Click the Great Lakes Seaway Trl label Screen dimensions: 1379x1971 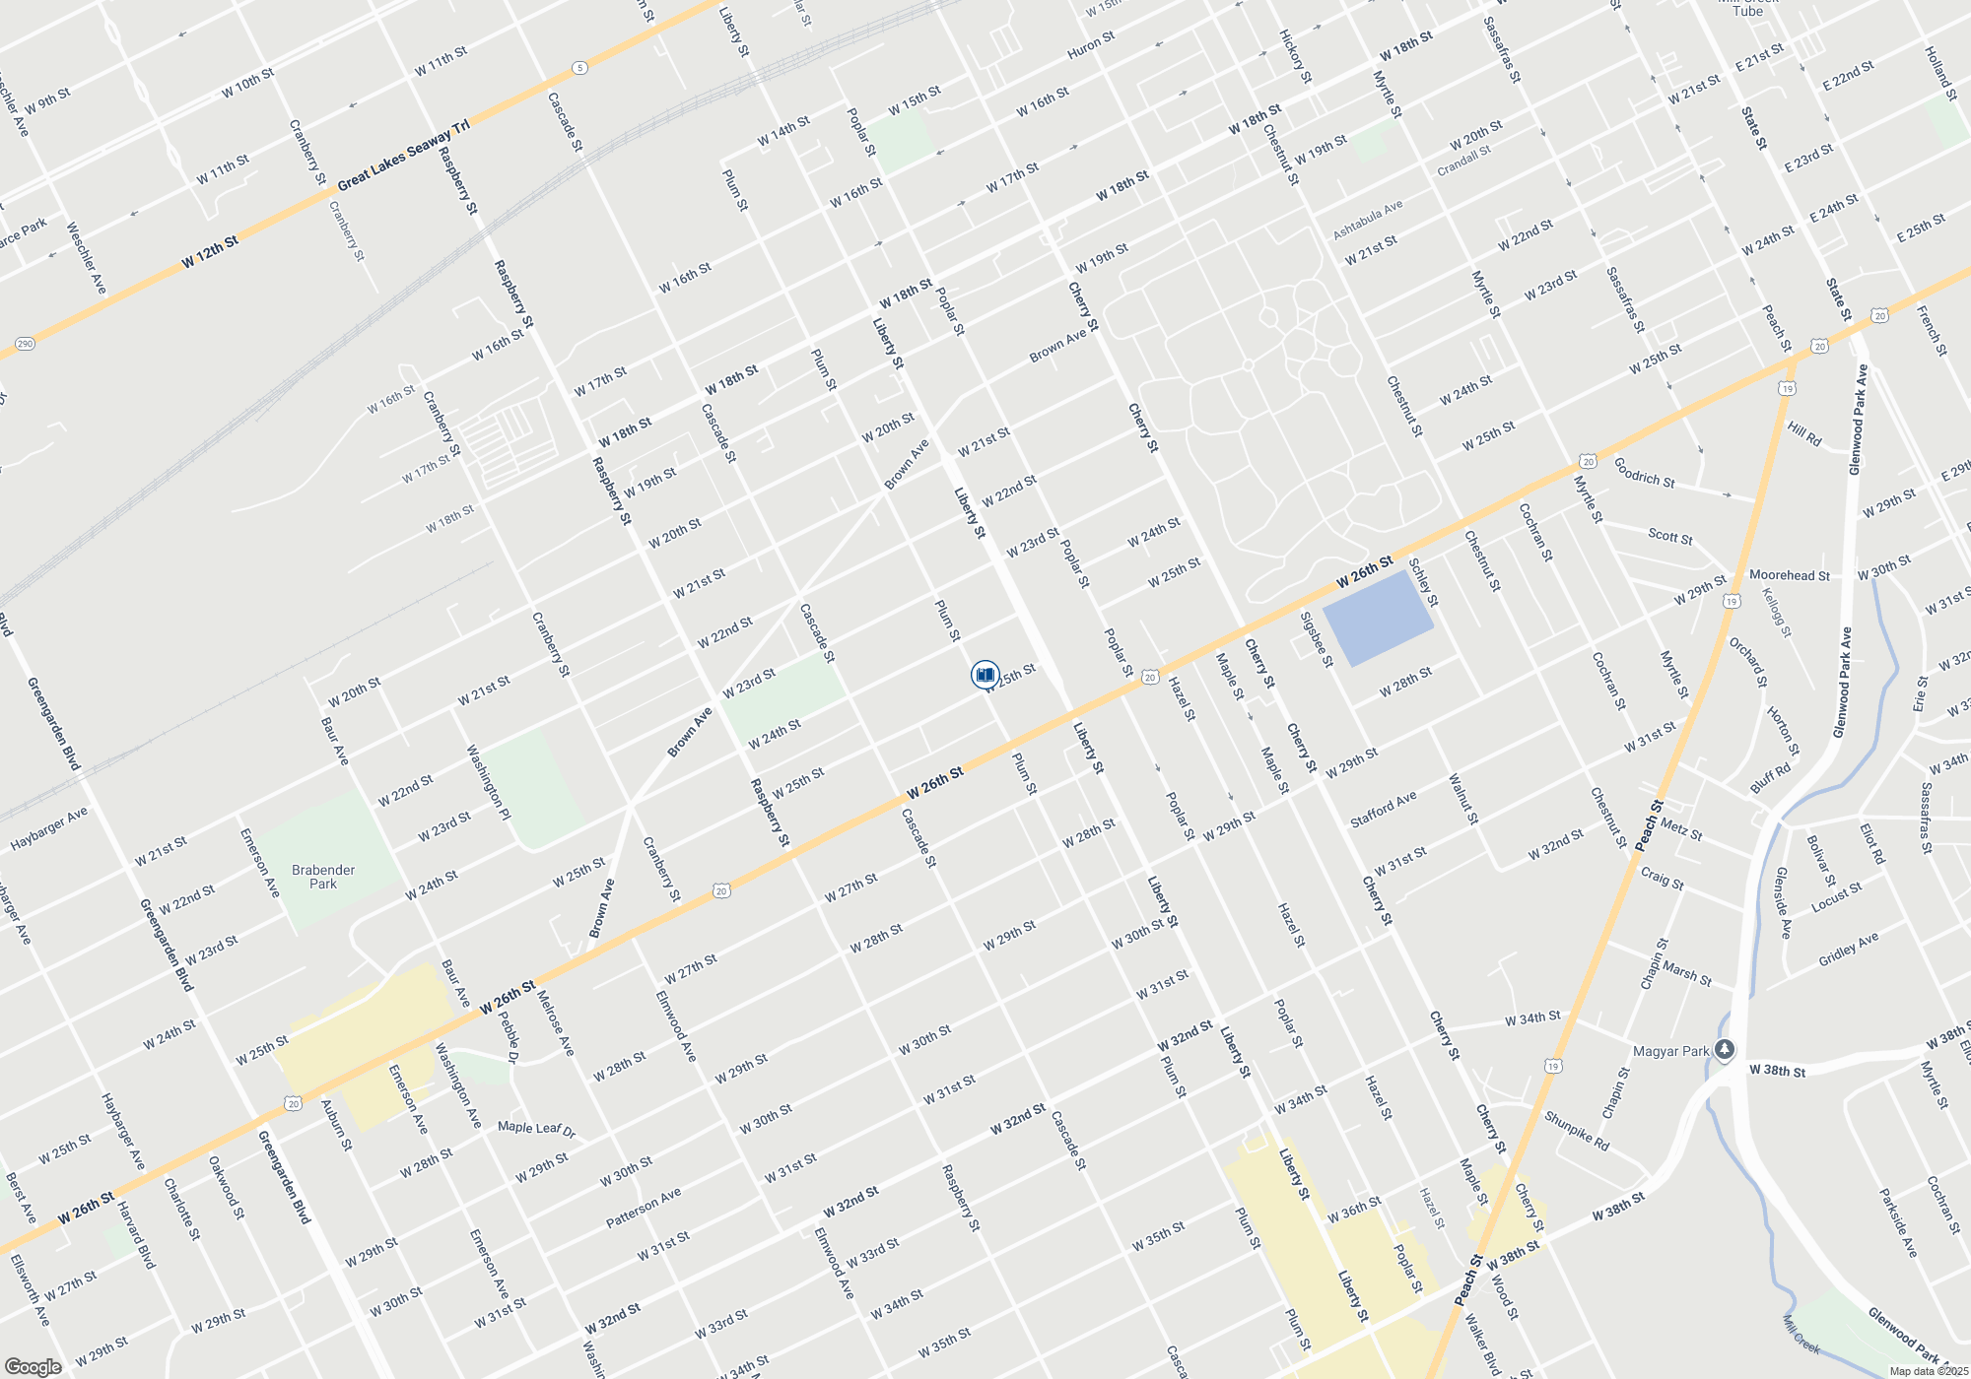click(x=403, y=156)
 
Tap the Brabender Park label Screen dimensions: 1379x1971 click(x=323, y=877)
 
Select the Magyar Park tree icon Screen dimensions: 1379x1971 click(x=1724, y=1050)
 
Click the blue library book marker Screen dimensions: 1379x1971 click(x=985, y=675)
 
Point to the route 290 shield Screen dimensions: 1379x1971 click(x=26, y=344)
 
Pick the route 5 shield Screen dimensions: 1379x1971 click(x=579, y=68)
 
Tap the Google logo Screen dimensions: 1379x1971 click(x=34, y=1367)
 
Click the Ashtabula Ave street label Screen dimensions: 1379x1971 click(x=1367, y=220)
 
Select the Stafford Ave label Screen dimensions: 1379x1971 click(x=1383, y=809)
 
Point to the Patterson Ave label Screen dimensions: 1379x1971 click(x=643, y=1208)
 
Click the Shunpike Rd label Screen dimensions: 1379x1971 click(x=1576, y=1132)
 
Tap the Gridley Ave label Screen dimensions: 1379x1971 click(x=1848, y=949)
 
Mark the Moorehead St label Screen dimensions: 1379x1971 click(x=1789, y=575)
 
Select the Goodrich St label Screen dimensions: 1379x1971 click(x=1644, y=473)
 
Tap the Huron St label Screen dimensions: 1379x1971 click(x=1091, y=44)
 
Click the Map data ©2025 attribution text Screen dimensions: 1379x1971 click(x=1928, y=1371)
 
